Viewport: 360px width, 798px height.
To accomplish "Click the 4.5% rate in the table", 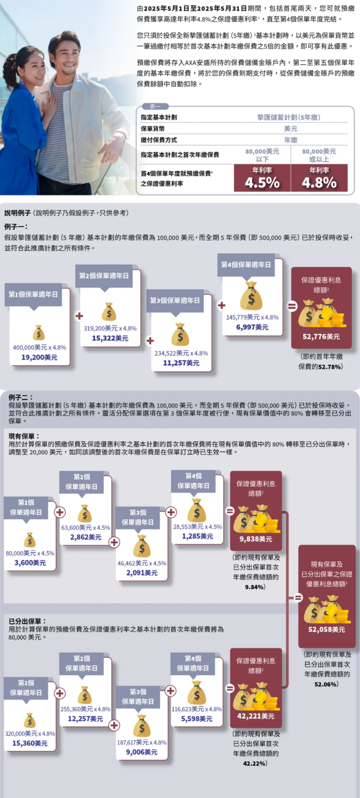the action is coord(262,183).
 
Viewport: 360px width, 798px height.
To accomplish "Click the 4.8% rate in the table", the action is coord(319,183).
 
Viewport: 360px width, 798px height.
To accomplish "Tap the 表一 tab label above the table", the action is coord(155,106).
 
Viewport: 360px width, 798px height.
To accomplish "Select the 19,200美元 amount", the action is coord(39,357).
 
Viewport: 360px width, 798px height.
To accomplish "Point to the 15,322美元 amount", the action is coord(110,338).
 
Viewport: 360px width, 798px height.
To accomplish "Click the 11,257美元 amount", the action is coord(181,363).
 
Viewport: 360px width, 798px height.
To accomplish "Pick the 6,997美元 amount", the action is coord(252,327).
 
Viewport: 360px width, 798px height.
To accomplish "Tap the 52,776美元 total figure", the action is coord(321,337).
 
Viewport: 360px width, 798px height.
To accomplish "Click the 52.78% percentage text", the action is coord(330,367).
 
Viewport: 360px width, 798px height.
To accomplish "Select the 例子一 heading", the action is coord(16,227).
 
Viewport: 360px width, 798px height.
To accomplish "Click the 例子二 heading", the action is coord(21,397).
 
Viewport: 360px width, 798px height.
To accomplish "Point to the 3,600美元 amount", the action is coord(30,562).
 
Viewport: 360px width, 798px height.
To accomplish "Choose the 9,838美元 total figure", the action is coord(256,539).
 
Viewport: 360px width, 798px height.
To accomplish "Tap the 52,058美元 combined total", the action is coord(326,629).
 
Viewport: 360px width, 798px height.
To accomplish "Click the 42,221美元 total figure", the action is coord(256,716).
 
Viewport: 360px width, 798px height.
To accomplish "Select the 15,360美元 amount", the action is coord(30,743).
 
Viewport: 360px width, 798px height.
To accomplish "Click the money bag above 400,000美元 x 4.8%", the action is coord(38,332).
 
